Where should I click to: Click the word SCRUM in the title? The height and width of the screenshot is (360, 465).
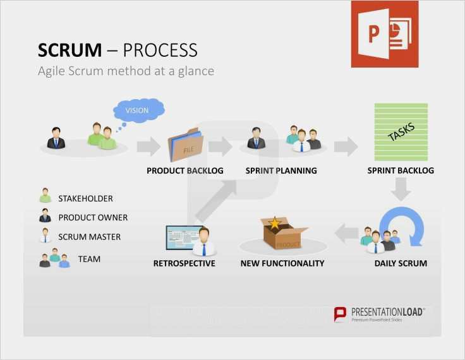(x=69, y=51)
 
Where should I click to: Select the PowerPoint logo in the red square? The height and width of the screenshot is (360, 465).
(x=384, y=34)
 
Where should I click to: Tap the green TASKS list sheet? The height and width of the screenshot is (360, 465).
(x=401, y=131)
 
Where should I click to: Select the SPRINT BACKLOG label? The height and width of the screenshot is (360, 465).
(x=401, y=171)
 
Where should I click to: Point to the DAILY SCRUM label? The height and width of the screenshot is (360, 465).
(x=401, y=263)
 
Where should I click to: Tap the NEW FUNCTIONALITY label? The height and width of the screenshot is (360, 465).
(x=282, y=263)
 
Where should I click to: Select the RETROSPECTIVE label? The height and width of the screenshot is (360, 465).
(x=184, y=263)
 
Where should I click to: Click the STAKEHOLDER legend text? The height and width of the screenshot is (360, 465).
(x=85, y=198)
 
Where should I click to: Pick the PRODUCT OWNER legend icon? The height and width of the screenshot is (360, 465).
(x=45, y=217)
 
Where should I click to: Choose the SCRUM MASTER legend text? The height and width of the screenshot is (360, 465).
(x=89, y=237)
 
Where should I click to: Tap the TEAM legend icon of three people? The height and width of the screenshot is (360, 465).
(x=54, y=259)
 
